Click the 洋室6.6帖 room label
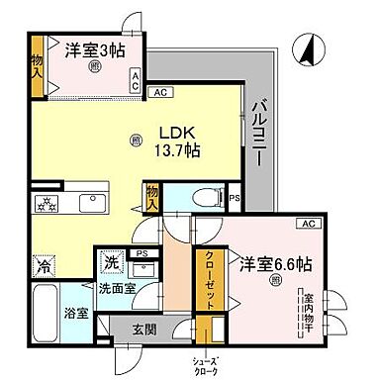tap(275, 264)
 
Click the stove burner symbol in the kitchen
tap(47, 205)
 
